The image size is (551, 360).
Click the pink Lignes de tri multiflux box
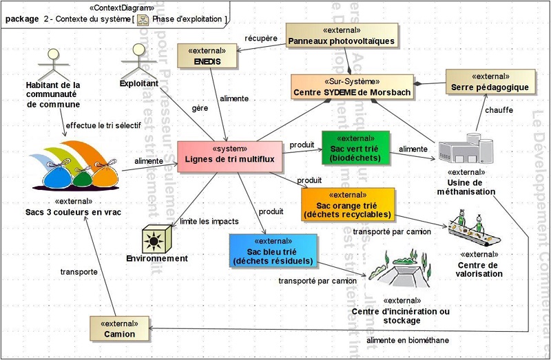[x=229, y=155]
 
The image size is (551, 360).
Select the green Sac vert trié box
[x=355, y=147]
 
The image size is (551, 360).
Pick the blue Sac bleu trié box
[x=273, y=251]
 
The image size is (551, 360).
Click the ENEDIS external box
[x=207, y=56]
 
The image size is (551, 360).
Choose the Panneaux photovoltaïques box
[x=342, y=36]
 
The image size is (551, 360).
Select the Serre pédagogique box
[x=490, y=81]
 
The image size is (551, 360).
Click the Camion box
[x=118, y=328]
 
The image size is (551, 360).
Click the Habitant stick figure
[x=52, y=63]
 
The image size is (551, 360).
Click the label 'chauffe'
[x=499, y=110]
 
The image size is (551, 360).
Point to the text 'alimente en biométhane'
[x=407, y=340]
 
